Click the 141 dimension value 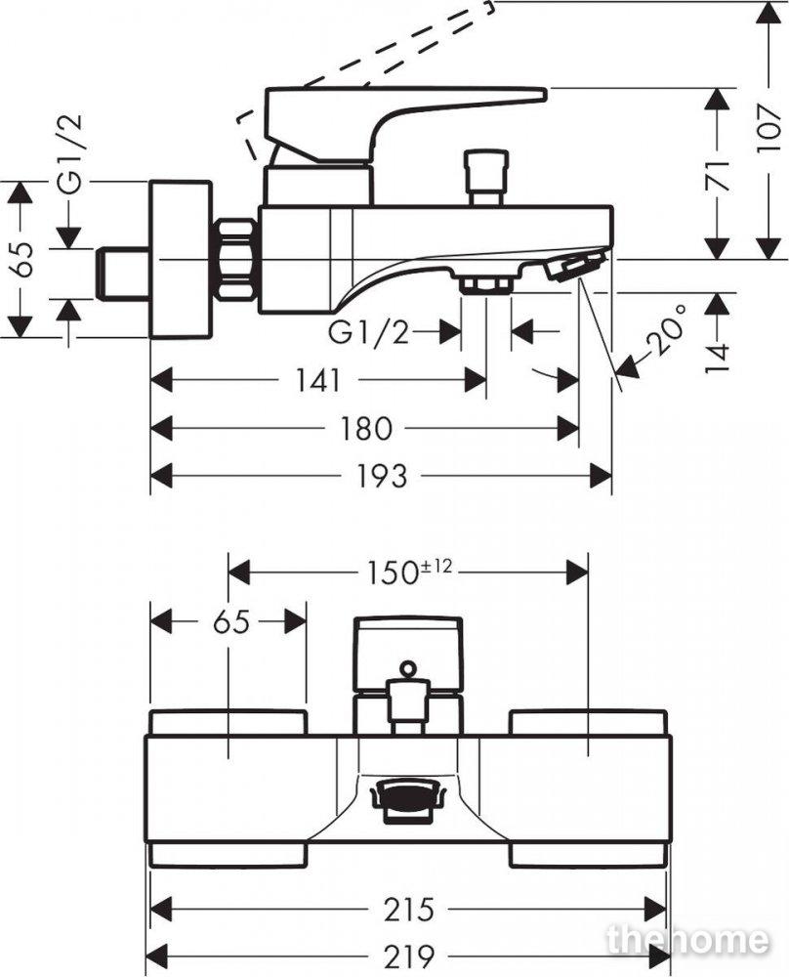point(318,380)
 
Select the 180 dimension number point(366,429)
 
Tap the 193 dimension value point(382,477)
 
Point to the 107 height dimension point(769,128)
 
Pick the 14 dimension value point(718,358)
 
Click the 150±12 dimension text point(408,572)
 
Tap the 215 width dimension point(408,910)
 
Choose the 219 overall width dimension point(408,956)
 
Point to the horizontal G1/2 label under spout point(369,333)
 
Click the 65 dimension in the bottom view point(231,621)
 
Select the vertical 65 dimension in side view point(23,259)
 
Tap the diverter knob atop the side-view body point(487,176)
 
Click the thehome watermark point(687,940)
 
